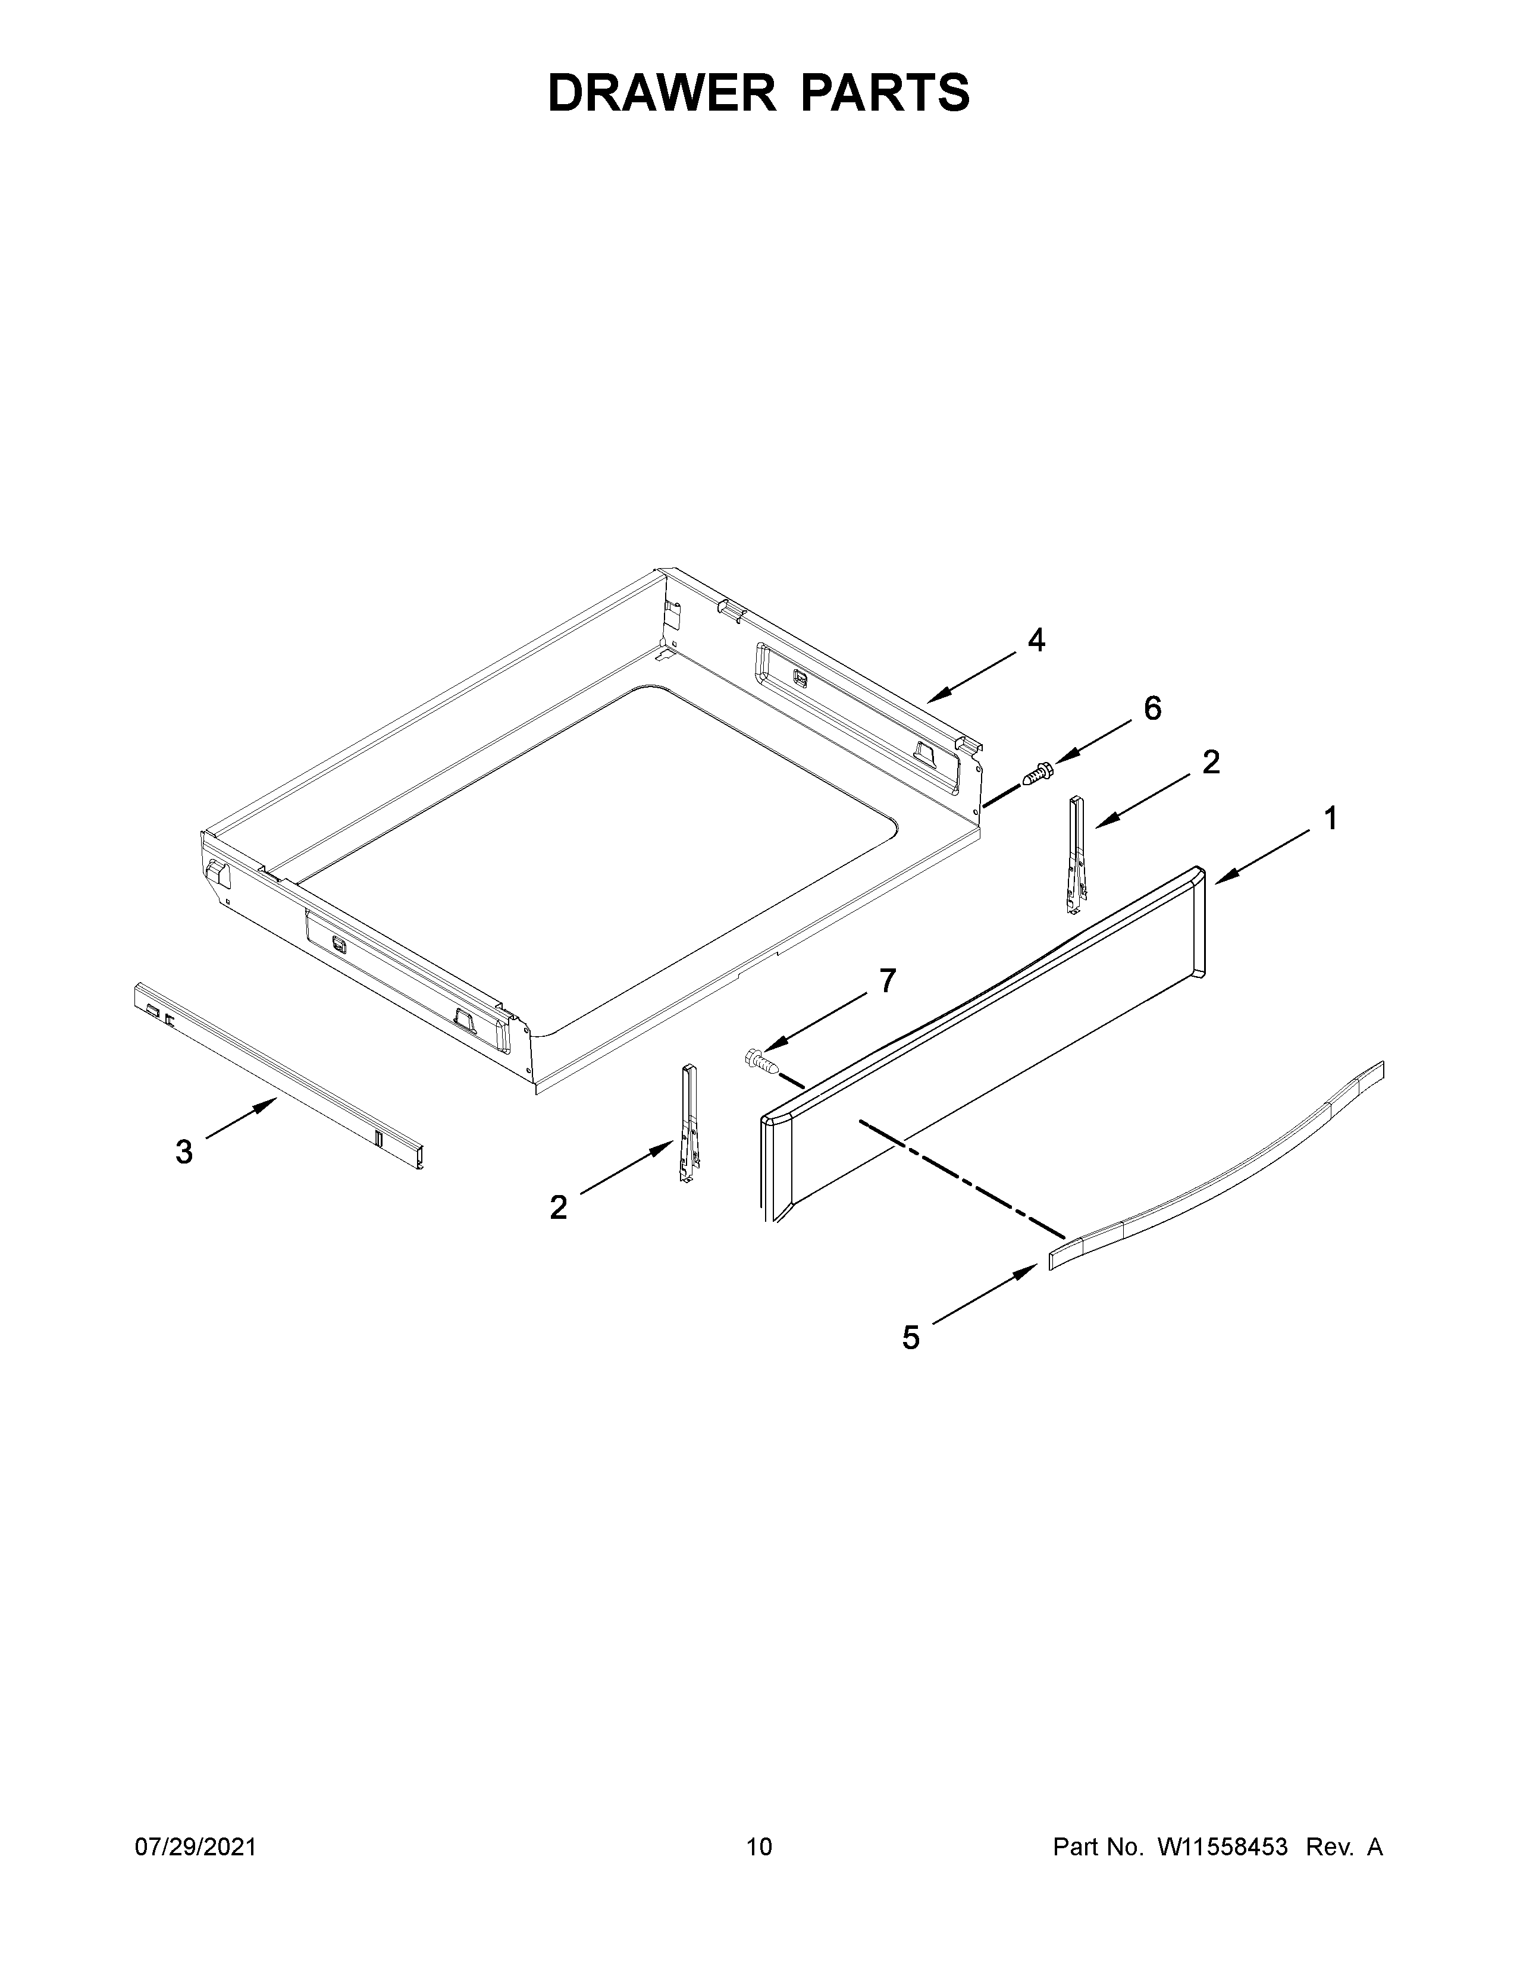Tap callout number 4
(1036, 641)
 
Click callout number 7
(887, 980)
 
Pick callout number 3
(184, 1152)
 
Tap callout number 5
(911, 1363)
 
